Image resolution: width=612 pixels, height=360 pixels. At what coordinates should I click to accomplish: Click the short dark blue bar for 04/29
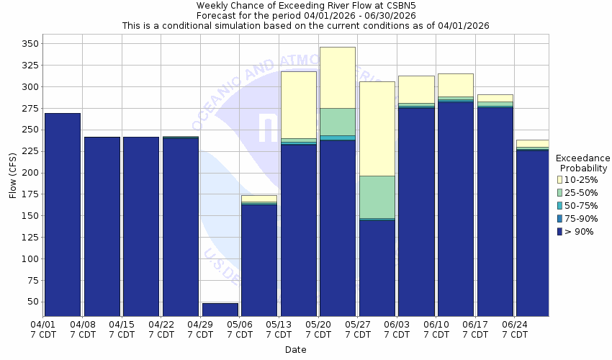tap(220, 310)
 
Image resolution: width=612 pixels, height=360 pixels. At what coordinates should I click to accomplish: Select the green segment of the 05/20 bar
tap(338, 122)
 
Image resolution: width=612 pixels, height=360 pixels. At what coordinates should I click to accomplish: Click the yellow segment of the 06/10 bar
tap(456, 85)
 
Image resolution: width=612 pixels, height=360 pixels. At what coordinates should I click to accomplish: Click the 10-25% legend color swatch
tap(560, 179)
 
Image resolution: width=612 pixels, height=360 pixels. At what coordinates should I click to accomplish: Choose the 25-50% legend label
tap(581, 192)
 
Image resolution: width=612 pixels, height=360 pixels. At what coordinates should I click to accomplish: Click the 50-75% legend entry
tap(580, 205)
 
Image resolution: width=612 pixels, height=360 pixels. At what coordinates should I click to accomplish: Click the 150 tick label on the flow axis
tap(29, 216)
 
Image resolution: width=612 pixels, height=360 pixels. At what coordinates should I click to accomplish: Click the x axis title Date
tap(295, 350)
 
